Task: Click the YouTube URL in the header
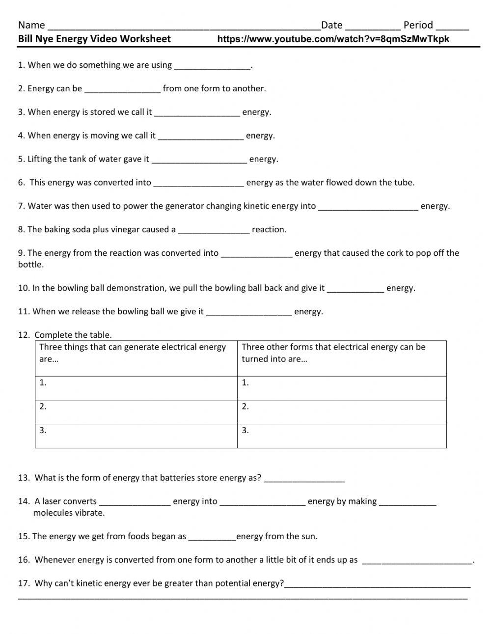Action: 333,39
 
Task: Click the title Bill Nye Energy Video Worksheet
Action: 94,39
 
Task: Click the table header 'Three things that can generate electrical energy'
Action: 133,347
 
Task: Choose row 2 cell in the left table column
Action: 136,412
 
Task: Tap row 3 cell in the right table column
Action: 342,436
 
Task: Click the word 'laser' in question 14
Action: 52,501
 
